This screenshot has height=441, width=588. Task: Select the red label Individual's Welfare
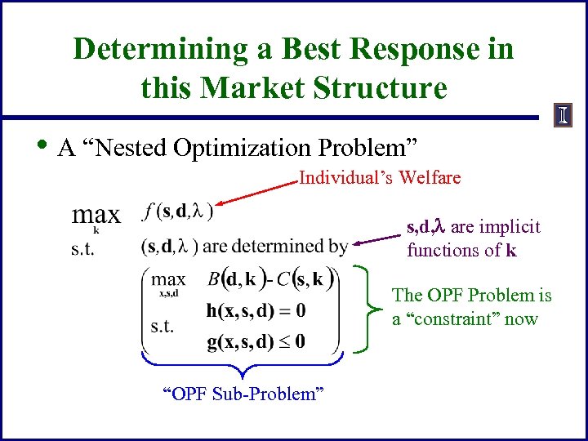(380, 177)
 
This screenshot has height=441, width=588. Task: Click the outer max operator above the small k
(96, 216)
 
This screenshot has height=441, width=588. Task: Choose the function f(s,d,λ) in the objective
(176, 212)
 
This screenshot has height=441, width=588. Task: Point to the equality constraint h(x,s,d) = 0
(256, 310)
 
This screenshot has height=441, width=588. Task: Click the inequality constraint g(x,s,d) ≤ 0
(256, 341)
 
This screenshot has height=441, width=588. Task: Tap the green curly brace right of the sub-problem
(372, 309)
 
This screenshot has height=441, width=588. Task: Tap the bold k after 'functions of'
(510, 250)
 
